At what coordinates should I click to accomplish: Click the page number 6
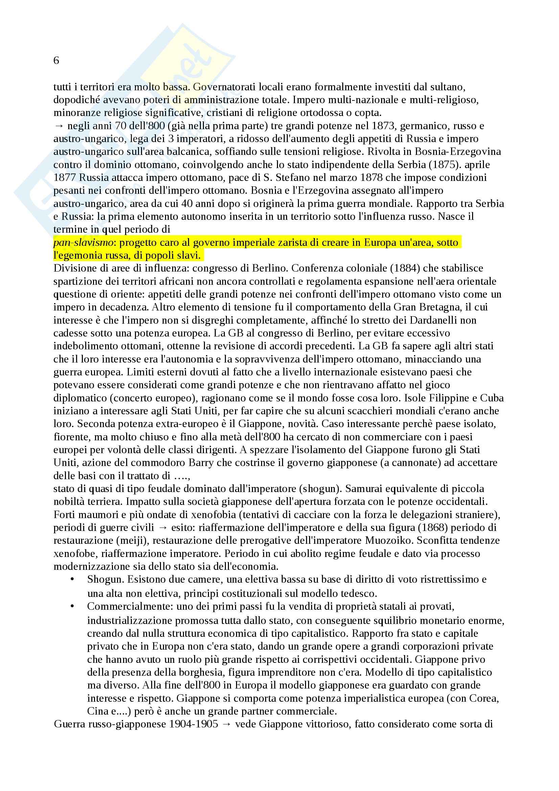tap(56, 61)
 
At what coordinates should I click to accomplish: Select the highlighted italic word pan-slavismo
tap(83, 242)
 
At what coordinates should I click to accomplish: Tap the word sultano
tap(449, 87)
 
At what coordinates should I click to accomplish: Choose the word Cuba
tap(491, 398)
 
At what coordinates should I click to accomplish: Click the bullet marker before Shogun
tap(72, 580)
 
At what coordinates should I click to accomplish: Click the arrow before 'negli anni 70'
tap(59, 126)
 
